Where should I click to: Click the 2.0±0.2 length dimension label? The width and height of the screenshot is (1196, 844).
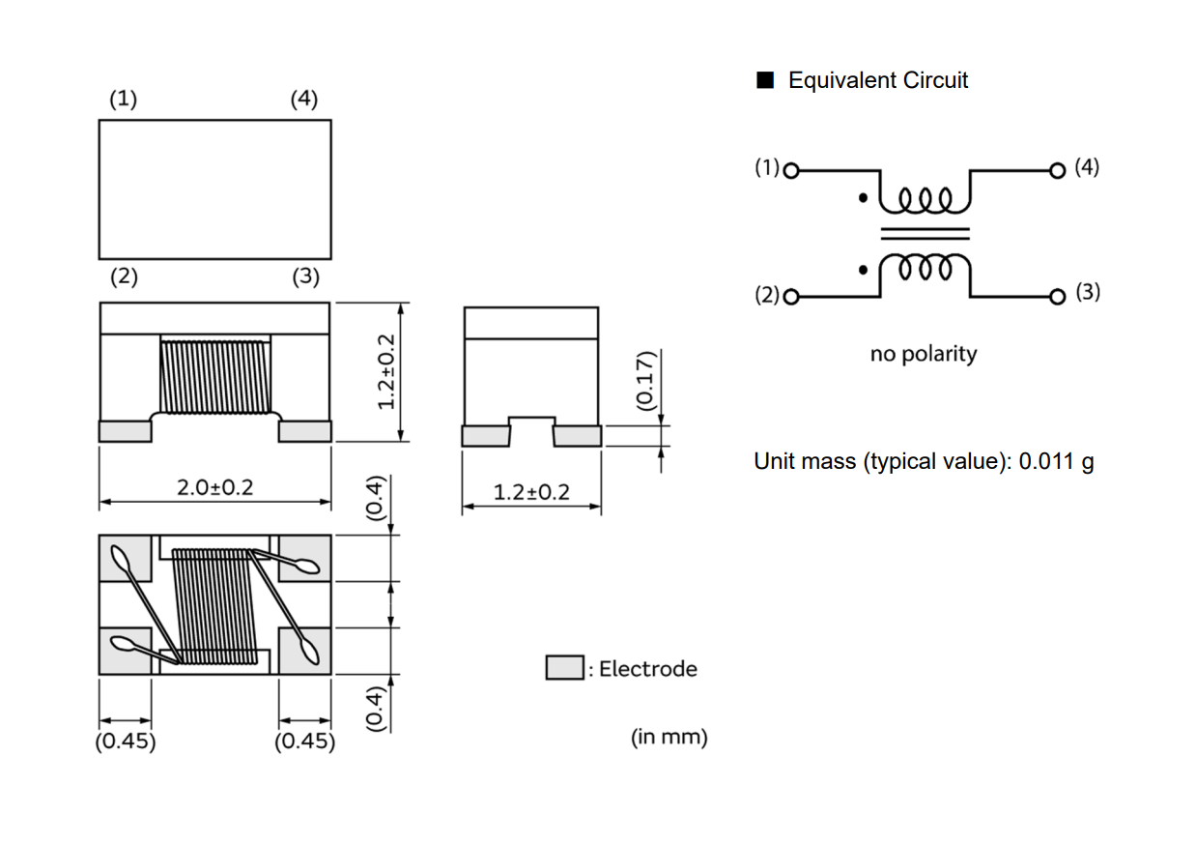214,487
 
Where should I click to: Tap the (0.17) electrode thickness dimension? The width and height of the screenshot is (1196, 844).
645,381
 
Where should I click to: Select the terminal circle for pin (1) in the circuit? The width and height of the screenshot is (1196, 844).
791,171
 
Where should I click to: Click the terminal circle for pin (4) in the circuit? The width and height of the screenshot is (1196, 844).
1057,171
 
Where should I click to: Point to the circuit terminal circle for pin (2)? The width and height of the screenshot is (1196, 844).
791,297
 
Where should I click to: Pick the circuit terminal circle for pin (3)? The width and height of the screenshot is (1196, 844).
1057,297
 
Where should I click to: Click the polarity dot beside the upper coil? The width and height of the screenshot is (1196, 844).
863,198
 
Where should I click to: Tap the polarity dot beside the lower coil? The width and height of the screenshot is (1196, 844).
863,271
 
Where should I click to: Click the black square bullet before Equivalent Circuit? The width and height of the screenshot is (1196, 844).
765,80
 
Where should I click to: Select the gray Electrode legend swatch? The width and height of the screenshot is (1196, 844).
564,667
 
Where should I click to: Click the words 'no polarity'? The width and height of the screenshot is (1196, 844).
924,354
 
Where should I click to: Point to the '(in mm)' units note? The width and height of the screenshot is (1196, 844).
669,737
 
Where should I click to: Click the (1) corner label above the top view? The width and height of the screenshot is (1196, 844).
124,99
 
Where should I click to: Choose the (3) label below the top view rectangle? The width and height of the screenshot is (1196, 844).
306,276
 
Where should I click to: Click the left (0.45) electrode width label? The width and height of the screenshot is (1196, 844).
126,742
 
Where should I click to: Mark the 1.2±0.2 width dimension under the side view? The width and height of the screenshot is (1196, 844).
531,492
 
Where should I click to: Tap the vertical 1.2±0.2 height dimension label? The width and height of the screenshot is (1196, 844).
386,372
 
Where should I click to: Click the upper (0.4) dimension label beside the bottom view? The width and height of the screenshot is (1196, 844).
376,497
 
